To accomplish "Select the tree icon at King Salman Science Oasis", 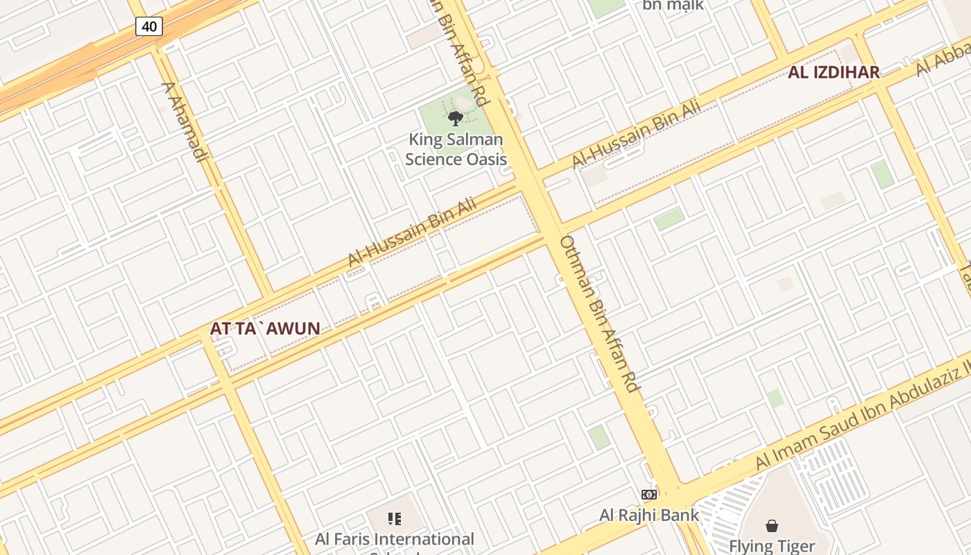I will click(x=456, y=119).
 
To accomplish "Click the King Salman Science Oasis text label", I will click(x=456, y=149).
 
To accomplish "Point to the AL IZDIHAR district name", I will click(x=833, y=72).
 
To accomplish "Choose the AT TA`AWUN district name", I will click(x=265, y=329).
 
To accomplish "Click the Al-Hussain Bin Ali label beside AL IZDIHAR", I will click(x=635, y=135).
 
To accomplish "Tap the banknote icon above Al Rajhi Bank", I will click(x=649, y=495).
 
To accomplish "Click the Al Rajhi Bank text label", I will click(x=649, y=515).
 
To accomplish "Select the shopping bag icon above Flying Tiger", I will click(x=771, y=526).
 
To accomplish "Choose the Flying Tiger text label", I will click(x=771, y=546).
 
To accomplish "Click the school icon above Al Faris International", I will click(x=395, y=519).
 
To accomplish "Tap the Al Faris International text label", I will click(x=395, y=539).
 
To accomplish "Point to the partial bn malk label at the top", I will click(x=673, y=6).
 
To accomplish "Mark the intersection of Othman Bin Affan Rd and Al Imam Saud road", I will click(x=676, y=494).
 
